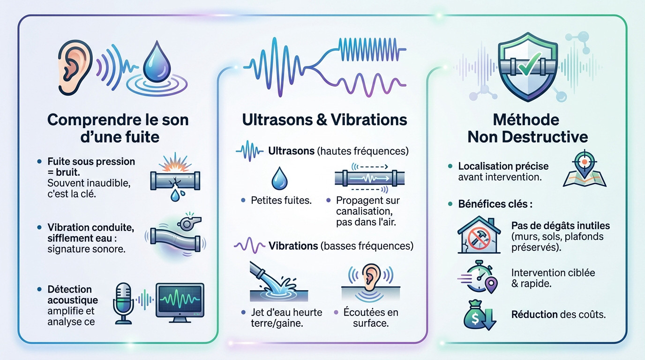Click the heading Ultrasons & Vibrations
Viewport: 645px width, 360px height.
pos(324,120)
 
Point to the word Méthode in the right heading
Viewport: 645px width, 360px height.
pos(526,120)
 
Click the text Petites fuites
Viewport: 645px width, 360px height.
pos(281,201)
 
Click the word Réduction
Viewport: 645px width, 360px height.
pos(534,314)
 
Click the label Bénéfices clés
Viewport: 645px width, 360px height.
pos(495,204)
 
